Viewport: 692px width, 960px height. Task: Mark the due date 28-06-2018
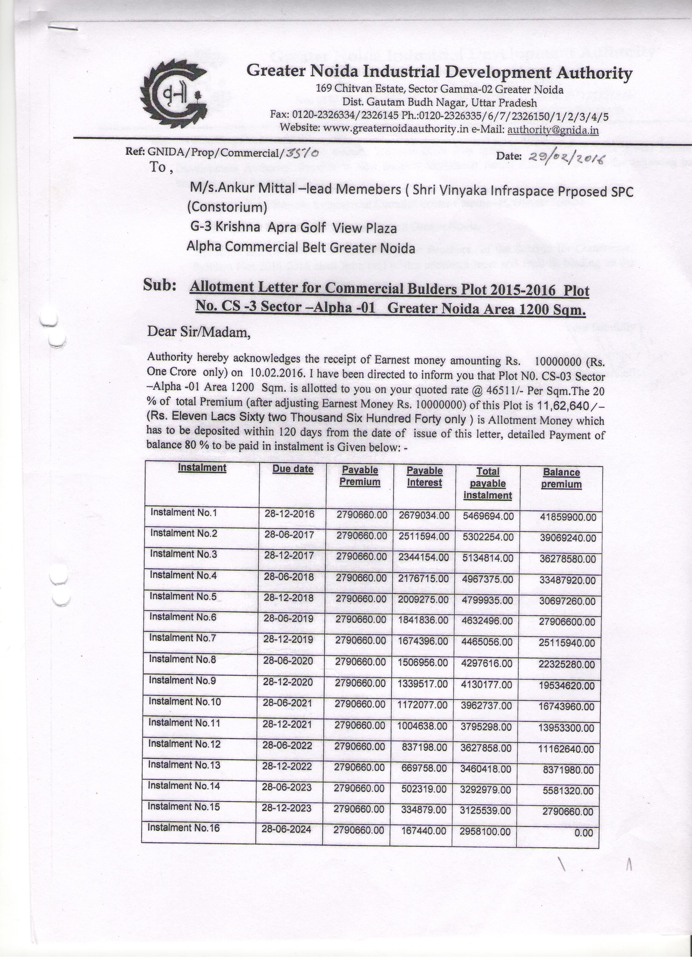click(289, 577)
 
